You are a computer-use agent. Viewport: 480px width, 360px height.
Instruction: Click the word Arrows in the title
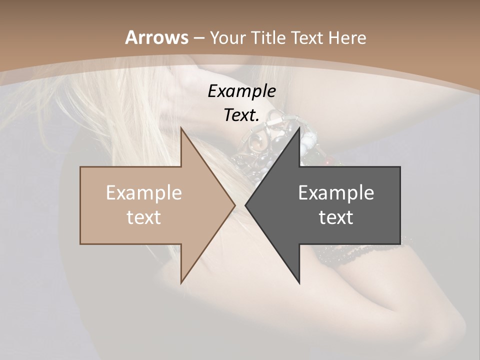(157, 37)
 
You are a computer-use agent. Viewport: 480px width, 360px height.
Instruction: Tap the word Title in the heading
(268, 37)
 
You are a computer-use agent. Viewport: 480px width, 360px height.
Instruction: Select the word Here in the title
(347, 37)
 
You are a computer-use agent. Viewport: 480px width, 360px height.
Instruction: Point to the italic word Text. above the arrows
(241, 115)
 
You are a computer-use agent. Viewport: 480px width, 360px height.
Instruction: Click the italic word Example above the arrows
(241, 91)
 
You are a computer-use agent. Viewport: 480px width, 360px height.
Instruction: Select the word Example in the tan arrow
(144, 193)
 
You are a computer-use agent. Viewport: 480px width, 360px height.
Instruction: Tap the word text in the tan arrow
(144, 217)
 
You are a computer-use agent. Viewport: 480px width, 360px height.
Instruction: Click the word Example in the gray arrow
(336, 193)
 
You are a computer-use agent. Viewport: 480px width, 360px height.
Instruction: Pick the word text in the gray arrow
(336, 217)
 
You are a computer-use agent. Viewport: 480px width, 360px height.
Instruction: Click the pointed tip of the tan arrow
(234, 205)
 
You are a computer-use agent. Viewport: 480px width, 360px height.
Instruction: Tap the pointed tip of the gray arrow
(246, 205)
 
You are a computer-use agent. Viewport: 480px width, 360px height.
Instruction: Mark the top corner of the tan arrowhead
(181, 128)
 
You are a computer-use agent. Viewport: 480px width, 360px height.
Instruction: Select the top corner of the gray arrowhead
(299, 128)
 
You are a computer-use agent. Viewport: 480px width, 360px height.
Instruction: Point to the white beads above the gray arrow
(308, 145)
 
